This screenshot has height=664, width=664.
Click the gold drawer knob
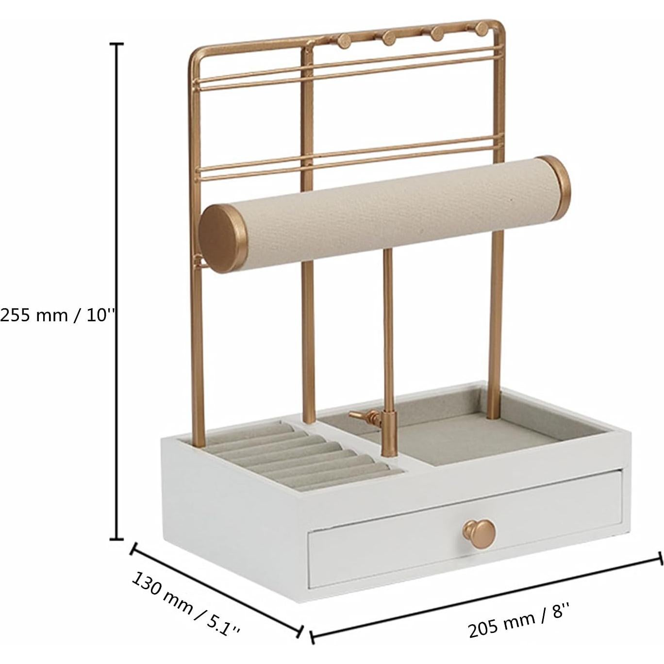coord(479,535)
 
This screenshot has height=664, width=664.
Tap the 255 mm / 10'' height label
coord(57,315)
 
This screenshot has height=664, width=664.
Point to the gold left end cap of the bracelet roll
coord(223,238)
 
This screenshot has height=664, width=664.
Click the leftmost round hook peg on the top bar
coord(344,41)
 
